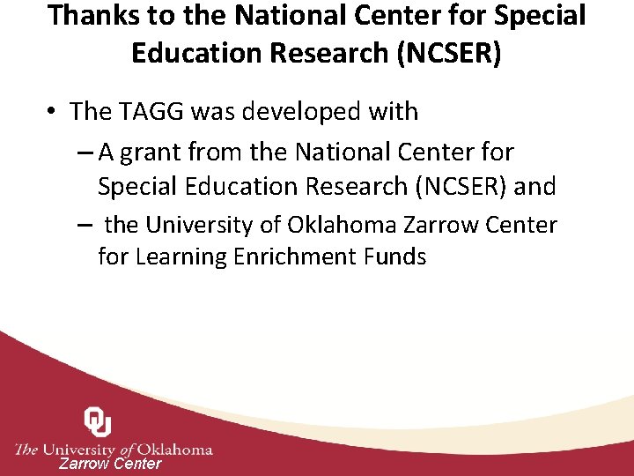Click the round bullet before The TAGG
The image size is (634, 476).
point(54,112)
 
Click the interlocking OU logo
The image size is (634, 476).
point(98,422)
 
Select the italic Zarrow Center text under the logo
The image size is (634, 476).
point(110,464)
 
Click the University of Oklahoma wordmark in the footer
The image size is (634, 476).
point(114,449)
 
